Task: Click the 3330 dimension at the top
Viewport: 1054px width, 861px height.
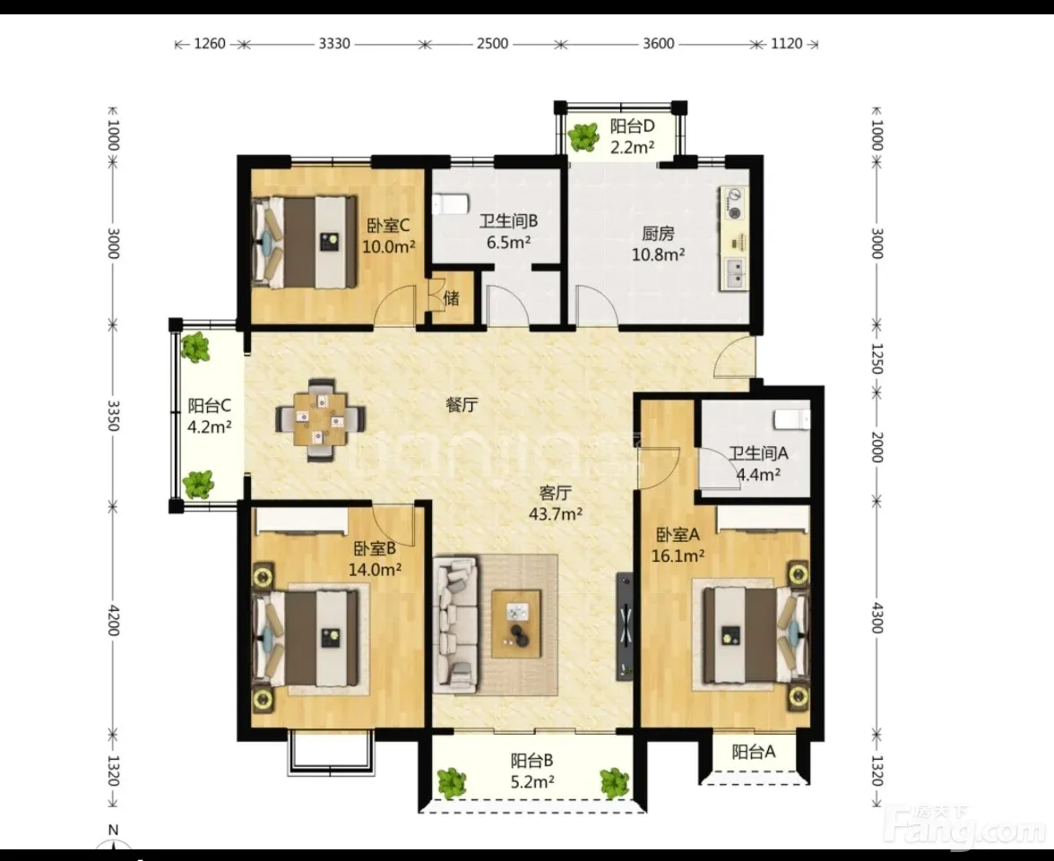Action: tap(334, 44)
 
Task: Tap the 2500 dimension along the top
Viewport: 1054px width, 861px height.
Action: tap(492, 44)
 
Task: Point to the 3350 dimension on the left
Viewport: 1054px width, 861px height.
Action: tap(113, 416)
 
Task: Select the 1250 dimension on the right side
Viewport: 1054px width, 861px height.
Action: tap(877, 358)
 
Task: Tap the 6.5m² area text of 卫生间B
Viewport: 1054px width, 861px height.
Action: tap(509, 242)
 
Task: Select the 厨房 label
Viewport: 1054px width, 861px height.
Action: tap(658, 233)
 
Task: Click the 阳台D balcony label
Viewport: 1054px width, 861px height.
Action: tap(632, 126)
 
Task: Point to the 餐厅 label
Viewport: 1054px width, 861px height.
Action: tap(462, 405)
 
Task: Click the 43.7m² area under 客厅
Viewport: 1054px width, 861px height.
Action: tap(556, 514)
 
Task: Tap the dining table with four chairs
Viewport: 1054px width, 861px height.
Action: tap(321, 420)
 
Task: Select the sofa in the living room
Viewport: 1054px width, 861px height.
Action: tap(456, 625)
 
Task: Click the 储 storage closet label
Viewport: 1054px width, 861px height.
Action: tap(452, 297)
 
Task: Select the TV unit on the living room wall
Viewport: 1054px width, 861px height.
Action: tap(626, 626)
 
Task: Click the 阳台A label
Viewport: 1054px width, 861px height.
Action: tap(754, 752)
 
